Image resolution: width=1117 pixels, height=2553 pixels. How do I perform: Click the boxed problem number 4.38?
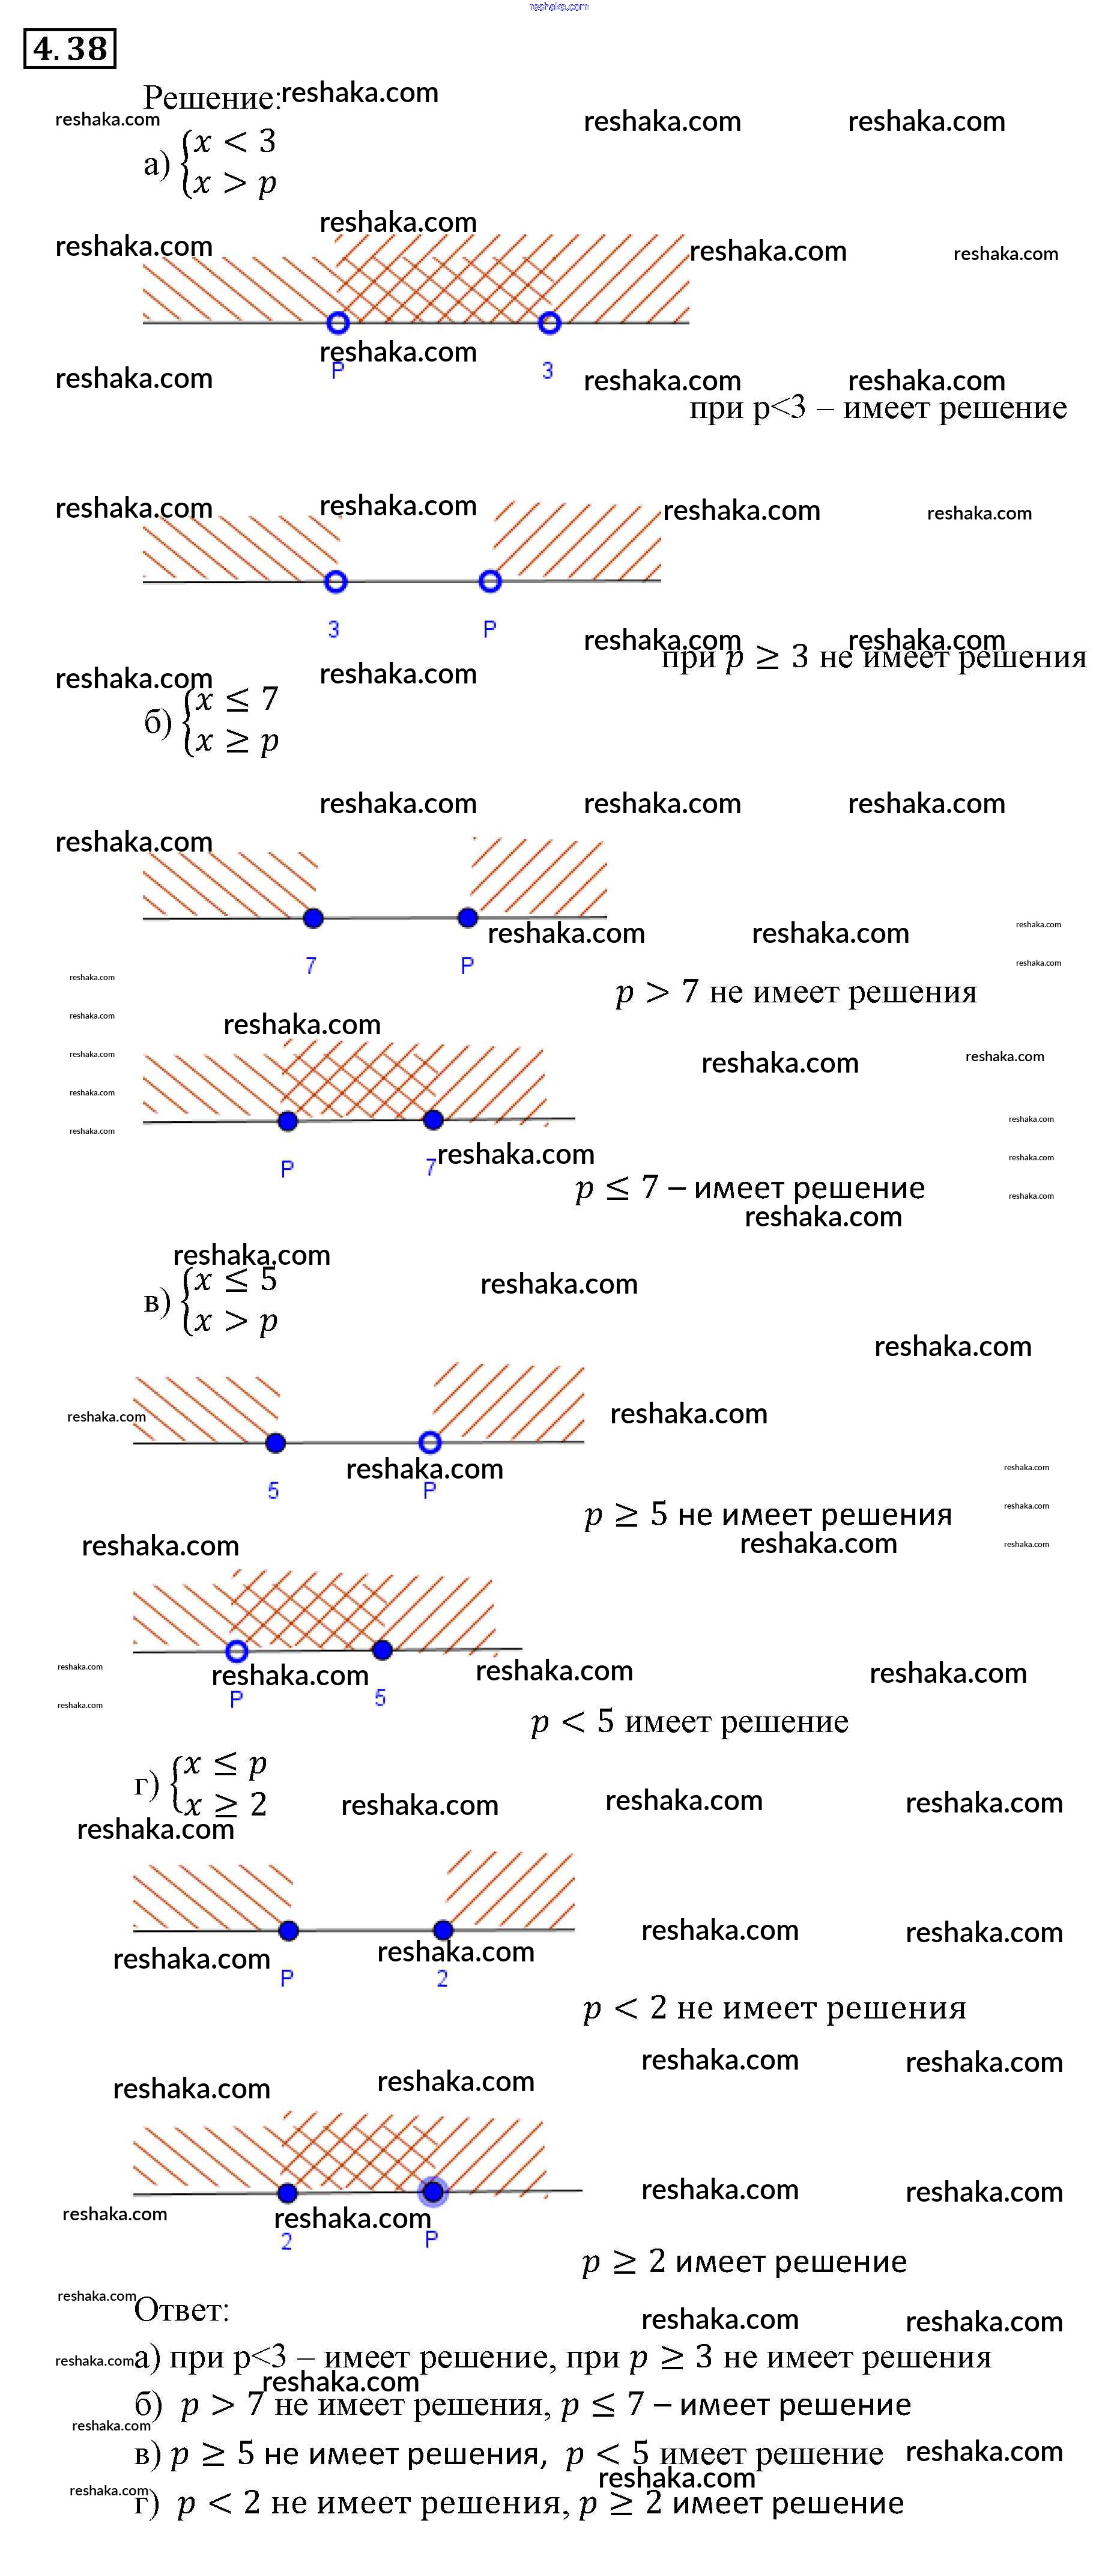pyautogui.click(x=70, y=49)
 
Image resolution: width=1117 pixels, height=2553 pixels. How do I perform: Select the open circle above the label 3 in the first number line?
pyautogui.click(x=549, y=322)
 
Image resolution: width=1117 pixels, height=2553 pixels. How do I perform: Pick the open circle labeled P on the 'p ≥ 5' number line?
pyautogui.click(x=429, y=1442)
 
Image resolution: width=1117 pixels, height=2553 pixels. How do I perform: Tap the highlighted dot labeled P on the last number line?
pyautogui.click(x=433, y=2191)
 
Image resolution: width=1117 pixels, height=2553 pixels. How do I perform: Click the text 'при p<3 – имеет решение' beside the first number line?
pyautogui.click(x=878, y=407)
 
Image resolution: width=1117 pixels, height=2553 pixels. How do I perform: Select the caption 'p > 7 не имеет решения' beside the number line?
pyautogui.click(x=796, y=992)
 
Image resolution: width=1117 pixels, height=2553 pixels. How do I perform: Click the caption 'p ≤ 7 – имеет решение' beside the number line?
pyautogui.click(x=749, y=1187)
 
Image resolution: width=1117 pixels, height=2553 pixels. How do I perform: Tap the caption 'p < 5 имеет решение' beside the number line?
pyautogui.click(x=690, y=1721)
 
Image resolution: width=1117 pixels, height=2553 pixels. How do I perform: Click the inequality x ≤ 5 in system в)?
pyautogui.click(x=235, y=1280)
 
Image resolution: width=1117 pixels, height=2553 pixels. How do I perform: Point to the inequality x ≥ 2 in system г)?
pyautogui.click(x=225, y=1803)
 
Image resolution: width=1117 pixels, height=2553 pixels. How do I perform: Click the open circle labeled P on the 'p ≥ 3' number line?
pyautogui.click(x=489, y=581)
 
